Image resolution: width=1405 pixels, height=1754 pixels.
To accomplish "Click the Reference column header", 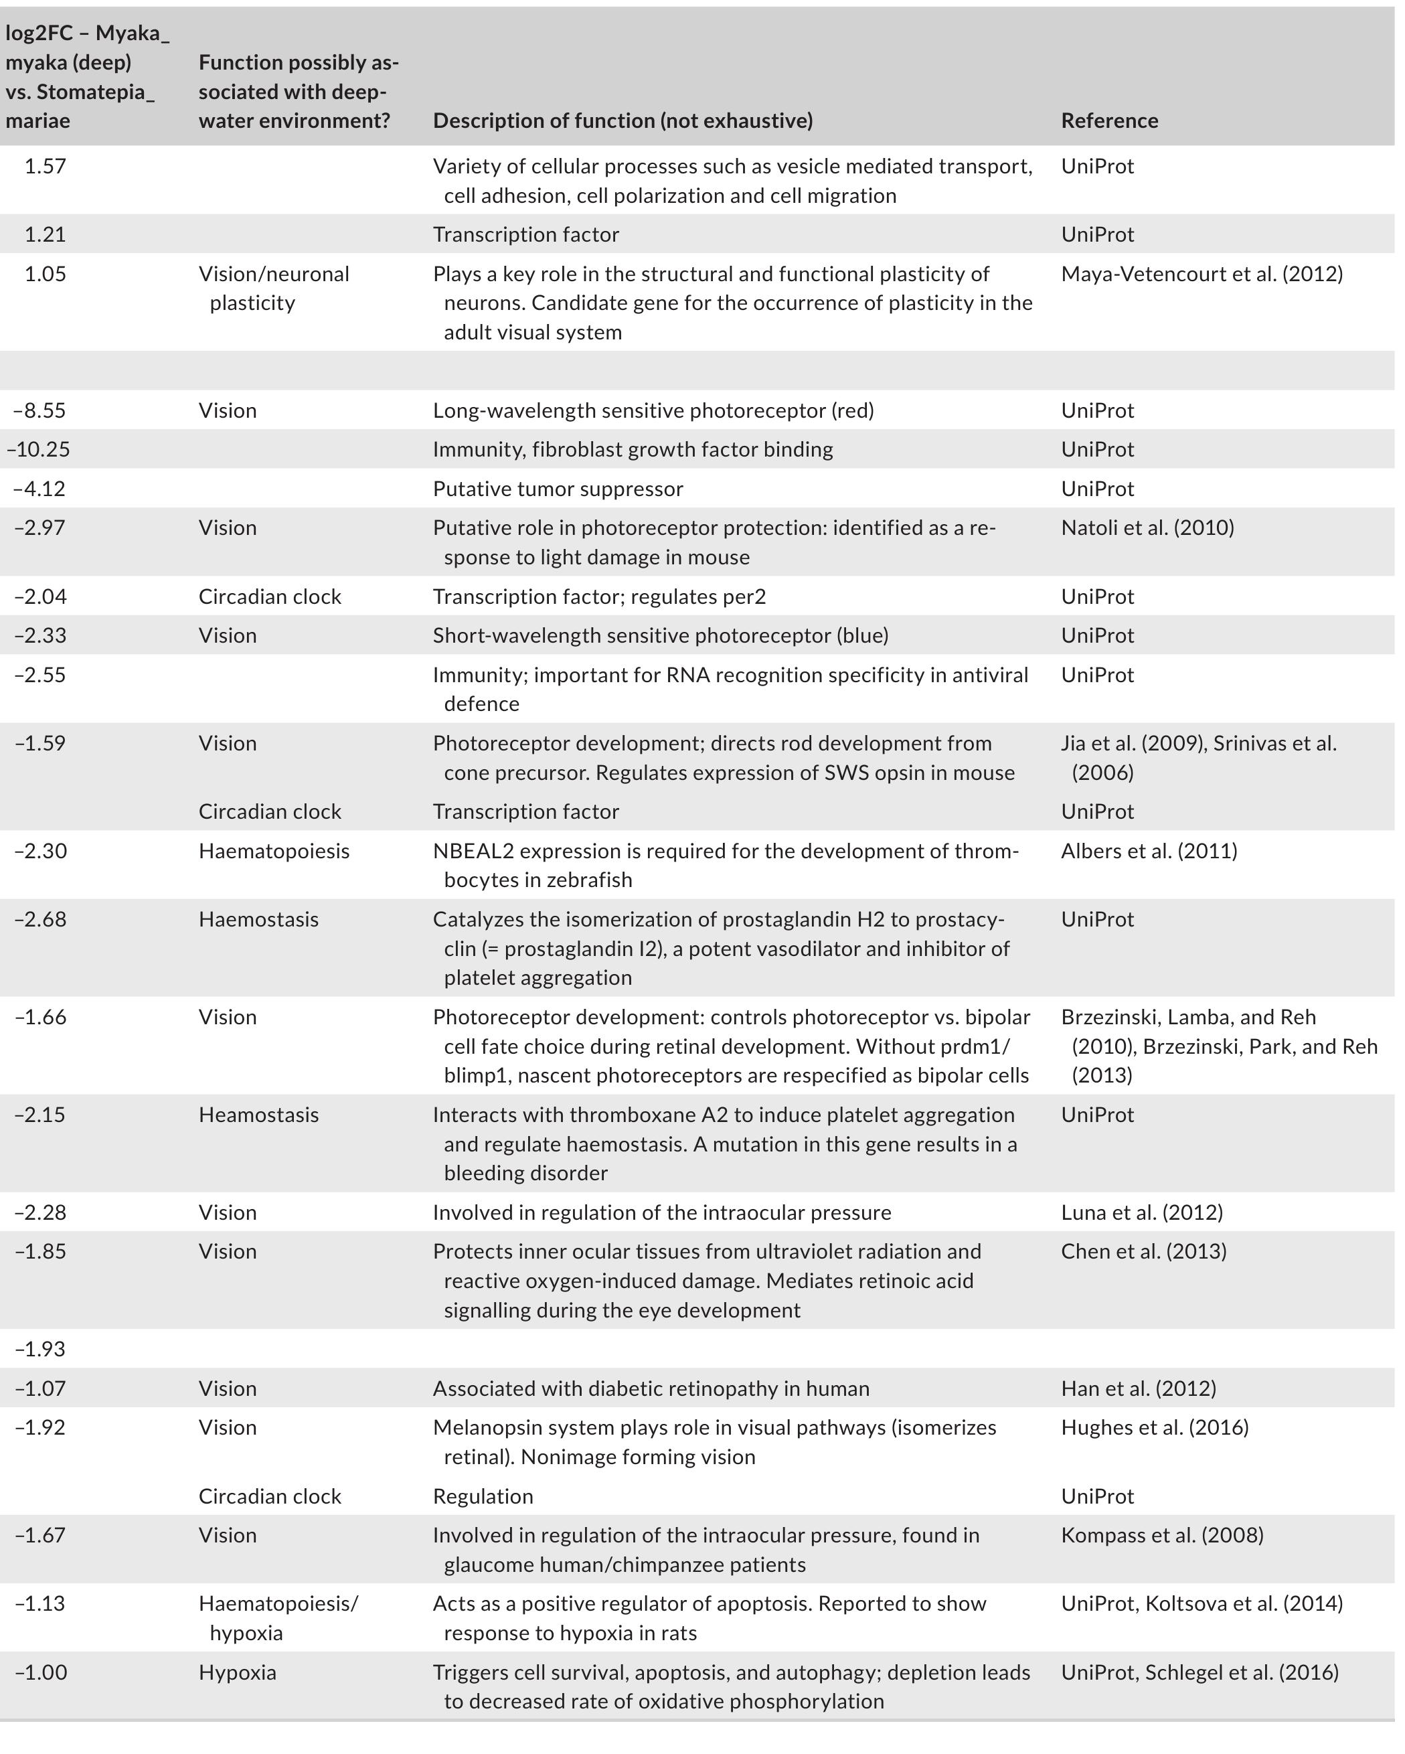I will pos(1109,121).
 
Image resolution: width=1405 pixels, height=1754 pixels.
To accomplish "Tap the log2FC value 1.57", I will pos(45,166).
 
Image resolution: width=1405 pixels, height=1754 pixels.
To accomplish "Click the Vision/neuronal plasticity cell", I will pos(273,288).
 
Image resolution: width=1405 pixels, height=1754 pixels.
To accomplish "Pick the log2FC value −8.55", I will pos(40,410).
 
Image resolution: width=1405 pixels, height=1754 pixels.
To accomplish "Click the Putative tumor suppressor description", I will pos(558,488).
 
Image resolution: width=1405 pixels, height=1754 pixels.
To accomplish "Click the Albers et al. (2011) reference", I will pos(1148,850).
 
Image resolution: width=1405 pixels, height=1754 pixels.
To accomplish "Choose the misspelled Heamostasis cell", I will pos(258,1114).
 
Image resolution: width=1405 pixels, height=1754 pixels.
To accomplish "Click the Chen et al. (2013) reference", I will pos(1143,1251).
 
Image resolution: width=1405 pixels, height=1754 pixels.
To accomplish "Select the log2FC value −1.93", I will pos(40,1348).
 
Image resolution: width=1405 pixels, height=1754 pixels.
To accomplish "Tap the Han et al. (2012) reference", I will pos(1137,1388).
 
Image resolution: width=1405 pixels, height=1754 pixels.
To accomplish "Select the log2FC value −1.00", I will pos(40,1672).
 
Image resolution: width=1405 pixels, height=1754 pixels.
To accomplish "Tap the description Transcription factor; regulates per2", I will pos(599,596).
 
